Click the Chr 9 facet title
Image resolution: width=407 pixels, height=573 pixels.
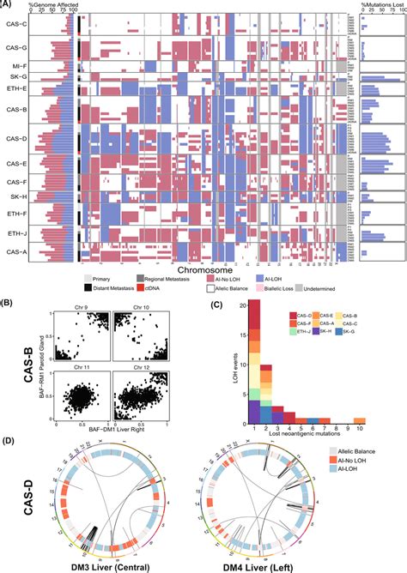pos(75,308)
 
